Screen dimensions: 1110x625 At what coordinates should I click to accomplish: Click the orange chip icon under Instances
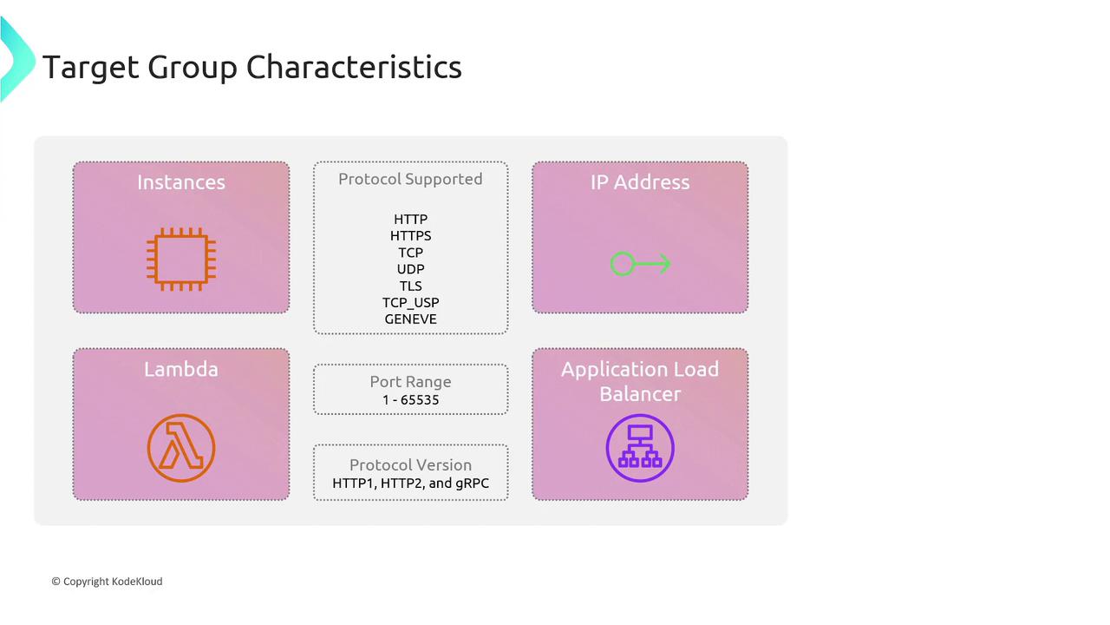[181, 259]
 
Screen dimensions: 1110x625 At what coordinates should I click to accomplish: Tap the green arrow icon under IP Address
[640, 263]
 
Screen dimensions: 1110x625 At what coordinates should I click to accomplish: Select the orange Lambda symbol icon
[181, 448]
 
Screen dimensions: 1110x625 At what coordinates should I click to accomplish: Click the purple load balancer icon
[640, 448]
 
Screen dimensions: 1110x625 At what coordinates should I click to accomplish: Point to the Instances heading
[181, 182]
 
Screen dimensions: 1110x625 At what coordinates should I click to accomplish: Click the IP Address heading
[640, 182]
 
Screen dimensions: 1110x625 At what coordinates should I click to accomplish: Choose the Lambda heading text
[181, 369]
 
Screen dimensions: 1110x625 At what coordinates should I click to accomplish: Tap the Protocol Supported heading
[410, 179]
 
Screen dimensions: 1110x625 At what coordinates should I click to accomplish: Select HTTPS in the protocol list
[410, 235]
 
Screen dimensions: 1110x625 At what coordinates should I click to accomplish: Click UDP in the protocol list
[410, 269]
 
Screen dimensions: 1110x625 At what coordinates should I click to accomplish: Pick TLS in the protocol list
[410, 286]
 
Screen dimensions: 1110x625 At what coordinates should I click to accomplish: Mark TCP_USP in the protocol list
[410, 303]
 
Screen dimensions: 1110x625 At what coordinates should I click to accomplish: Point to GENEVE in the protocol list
[410, 319]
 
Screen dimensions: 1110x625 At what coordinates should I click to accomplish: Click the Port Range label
[410, 381]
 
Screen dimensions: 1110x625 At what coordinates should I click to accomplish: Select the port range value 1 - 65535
[410, 400]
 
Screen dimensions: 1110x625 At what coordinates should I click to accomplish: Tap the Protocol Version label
[410, 464]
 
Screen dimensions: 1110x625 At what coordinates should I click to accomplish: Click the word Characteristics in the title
[354, 67]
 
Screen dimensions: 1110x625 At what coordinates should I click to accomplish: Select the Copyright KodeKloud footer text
[107, 582]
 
